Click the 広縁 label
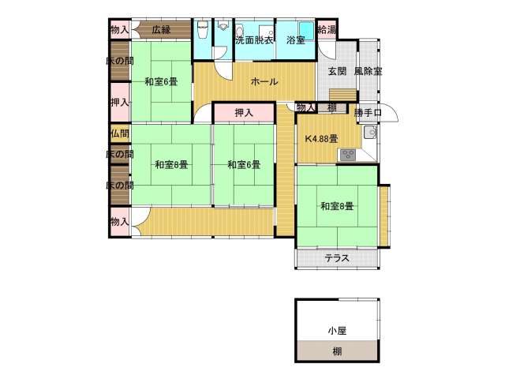161,30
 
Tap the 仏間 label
120,133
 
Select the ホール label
264,81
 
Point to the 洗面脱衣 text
254,40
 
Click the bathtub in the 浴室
306,31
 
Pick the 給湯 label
327,30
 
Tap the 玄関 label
337,71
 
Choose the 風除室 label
368,71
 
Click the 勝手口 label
368,112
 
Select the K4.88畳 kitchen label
321,139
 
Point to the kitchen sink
370,132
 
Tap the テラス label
337,258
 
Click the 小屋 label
337,331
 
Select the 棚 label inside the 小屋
337,351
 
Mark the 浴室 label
296,40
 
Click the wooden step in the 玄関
342,96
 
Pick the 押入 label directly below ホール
244,113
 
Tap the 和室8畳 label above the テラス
337,206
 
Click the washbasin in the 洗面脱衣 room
238,32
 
